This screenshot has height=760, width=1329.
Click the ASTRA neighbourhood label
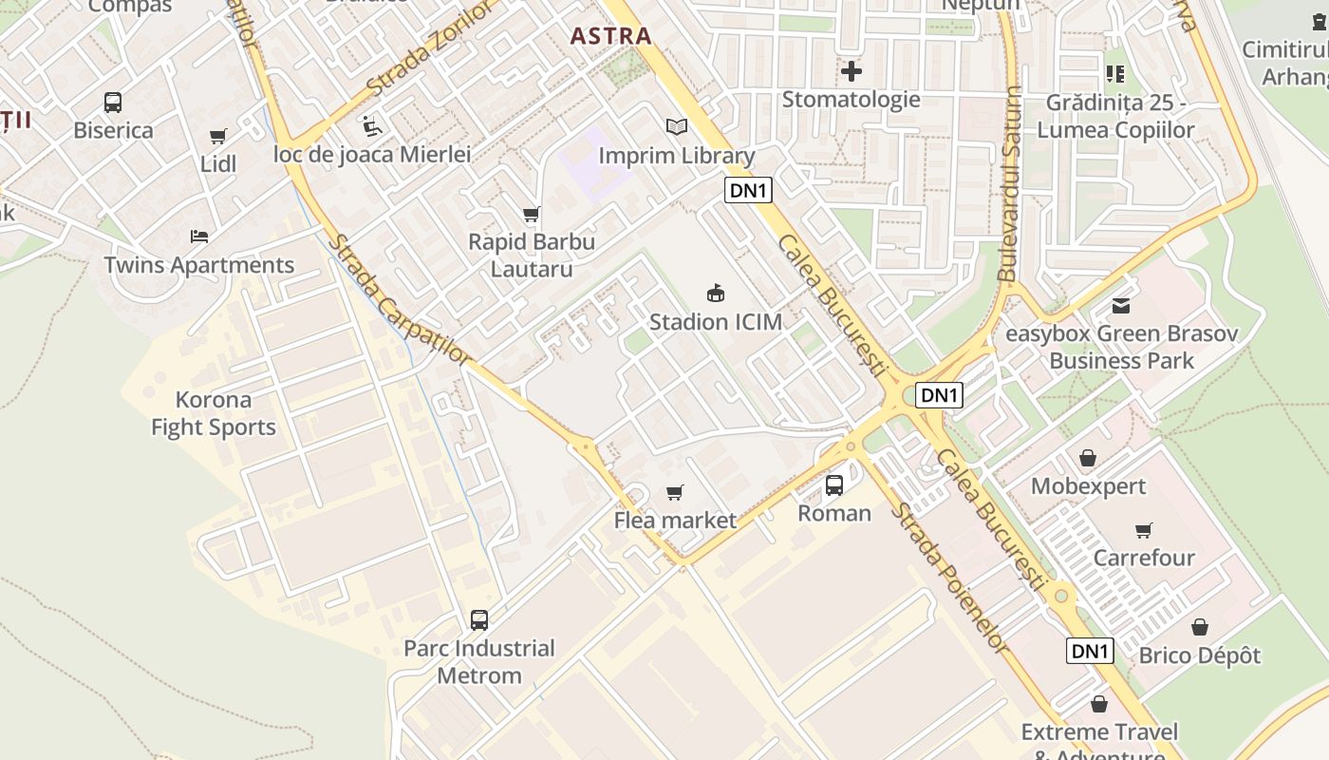(610, 36)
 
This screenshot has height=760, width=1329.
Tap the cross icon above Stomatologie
(852, 71)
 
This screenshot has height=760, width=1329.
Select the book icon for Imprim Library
(676, 127)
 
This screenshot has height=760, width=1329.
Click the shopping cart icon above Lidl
(218, 137)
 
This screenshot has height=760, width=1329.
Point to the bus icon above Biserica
(113, 103)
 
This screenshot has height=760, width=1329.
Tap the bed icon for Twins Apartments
(198, 237)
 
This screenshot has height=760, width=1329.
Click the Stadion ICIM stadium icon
(716, 294)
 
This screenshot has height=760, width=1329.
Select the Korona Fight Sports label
(214, 413)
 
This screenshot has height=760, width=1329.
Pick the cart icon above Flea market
(675, 492)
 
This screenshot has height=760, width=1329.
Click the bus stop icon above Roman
(834, 485)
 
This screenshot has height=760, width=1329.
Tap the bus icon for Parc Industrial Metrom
(479, 620)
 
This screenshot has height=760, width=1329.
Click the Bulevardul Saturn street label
(1010, 183)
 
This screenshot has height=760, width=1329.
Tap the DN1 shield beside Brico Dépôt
(1090, 651)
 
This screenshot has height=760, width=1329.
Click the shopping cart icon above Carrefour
(1144, 530)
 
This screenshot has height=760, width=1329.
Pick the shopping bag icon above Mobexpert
(1088, 459)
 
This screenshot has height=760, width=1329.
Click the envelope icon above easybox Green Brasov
(1121, 306)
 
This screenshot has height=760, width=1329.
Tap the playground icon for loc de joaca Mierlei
(372, 125)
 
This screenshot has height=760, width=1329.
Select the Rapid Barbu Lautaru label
(532, 255)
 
